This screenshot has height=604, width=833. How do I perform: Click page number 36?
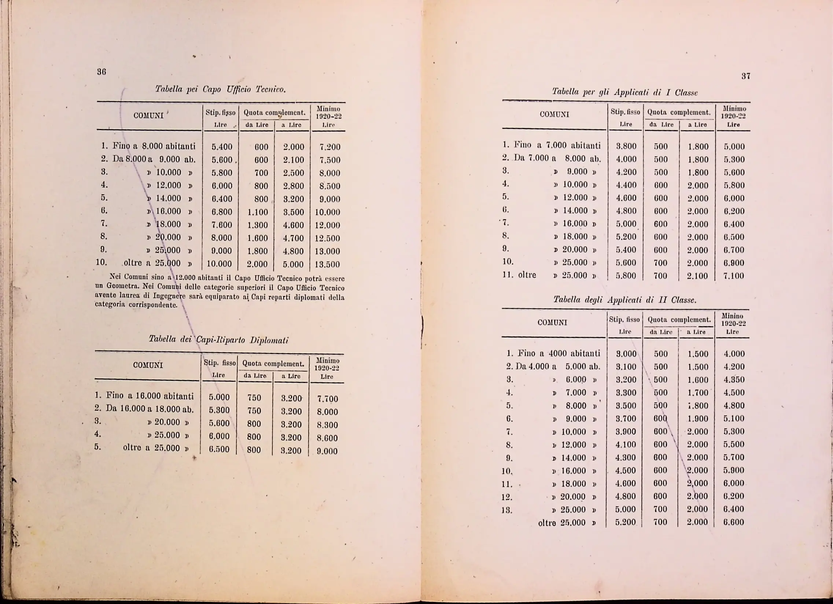[102, 72]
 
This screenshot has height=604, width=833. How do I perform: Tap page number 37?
[745, 76]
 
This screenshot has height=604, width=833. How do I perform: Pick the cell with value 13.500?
[328, 264]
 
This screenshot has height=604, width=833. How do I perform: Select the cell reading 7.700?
[327, 399]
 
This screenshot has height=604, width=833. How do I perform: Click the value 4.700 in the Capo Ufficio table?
[293, 238]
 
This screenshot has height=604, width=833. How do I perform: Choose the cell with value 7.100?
[733, 276]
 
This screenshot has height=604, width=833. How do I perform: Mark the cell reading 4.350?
[733, 380]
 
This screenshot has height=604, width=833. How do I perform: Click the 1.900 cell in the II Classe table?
[697, 419]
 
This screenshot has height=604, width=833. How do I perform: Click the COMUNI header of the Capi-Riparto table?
[148, 365]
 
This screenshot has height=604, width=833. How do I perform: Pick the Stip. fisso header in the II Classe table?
[624, 320]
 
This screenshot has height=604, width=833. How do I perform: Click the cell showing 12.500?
[328, 238]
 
